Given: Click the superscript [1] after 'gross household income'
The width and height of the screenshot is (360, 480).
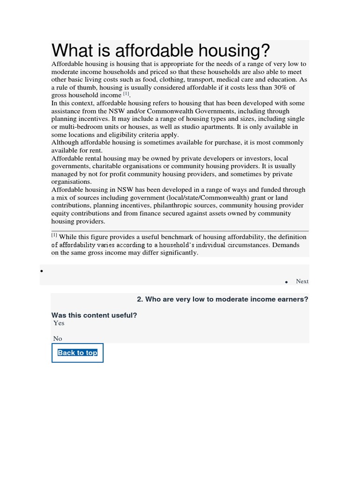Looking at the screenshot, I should pos(126,94).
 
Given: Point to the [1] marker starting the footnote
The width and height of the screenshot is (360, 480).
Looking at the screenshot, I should pos(54,235).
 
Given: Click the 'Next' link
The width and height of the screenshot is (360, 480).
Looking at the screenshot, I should pos(302,281).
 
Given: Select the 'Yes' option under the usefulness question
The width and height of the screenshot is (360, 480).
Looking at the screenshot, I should pos(59,323).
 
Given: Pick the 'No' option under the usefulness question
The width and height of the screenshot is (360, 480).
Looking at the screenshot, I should pos(58,338).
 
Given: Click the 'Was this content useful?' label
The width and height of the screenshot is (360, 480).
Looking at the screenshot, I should pos(94,315).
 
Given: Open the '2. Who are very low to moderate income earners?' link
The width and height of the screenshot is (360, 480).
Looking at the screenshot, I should pos(223,299).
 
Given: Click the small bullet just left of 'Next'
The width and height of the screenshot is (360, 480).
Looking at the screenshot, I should pos(286,282).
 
